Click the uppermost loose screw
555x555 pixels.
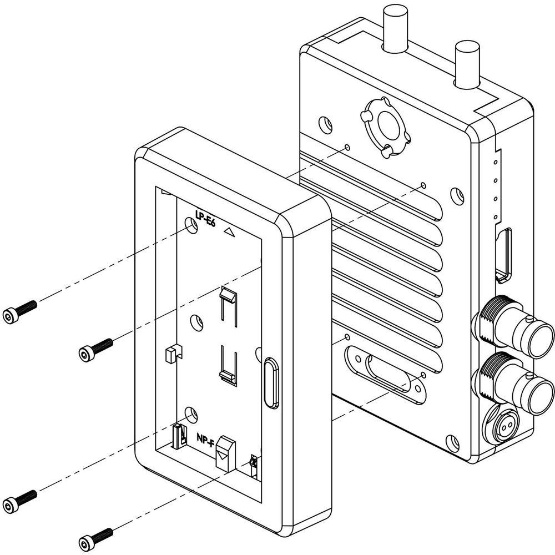pyautogui.click(x=20, y=311)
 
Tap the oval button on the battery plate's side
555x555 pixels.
pyautogui.click(x=270, y=383)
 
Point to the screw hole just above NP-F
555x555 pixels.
pyautogui.click(x=190, y=413)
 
